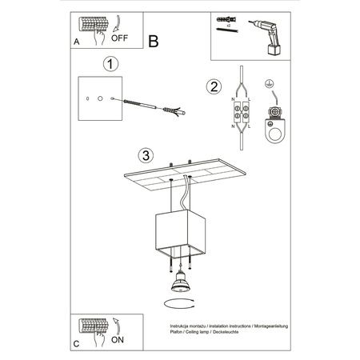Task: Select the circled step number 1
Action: click(111, 63)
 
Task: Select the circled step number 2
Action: click(213, 87)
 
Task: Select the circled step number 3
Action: click(145, 154)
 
